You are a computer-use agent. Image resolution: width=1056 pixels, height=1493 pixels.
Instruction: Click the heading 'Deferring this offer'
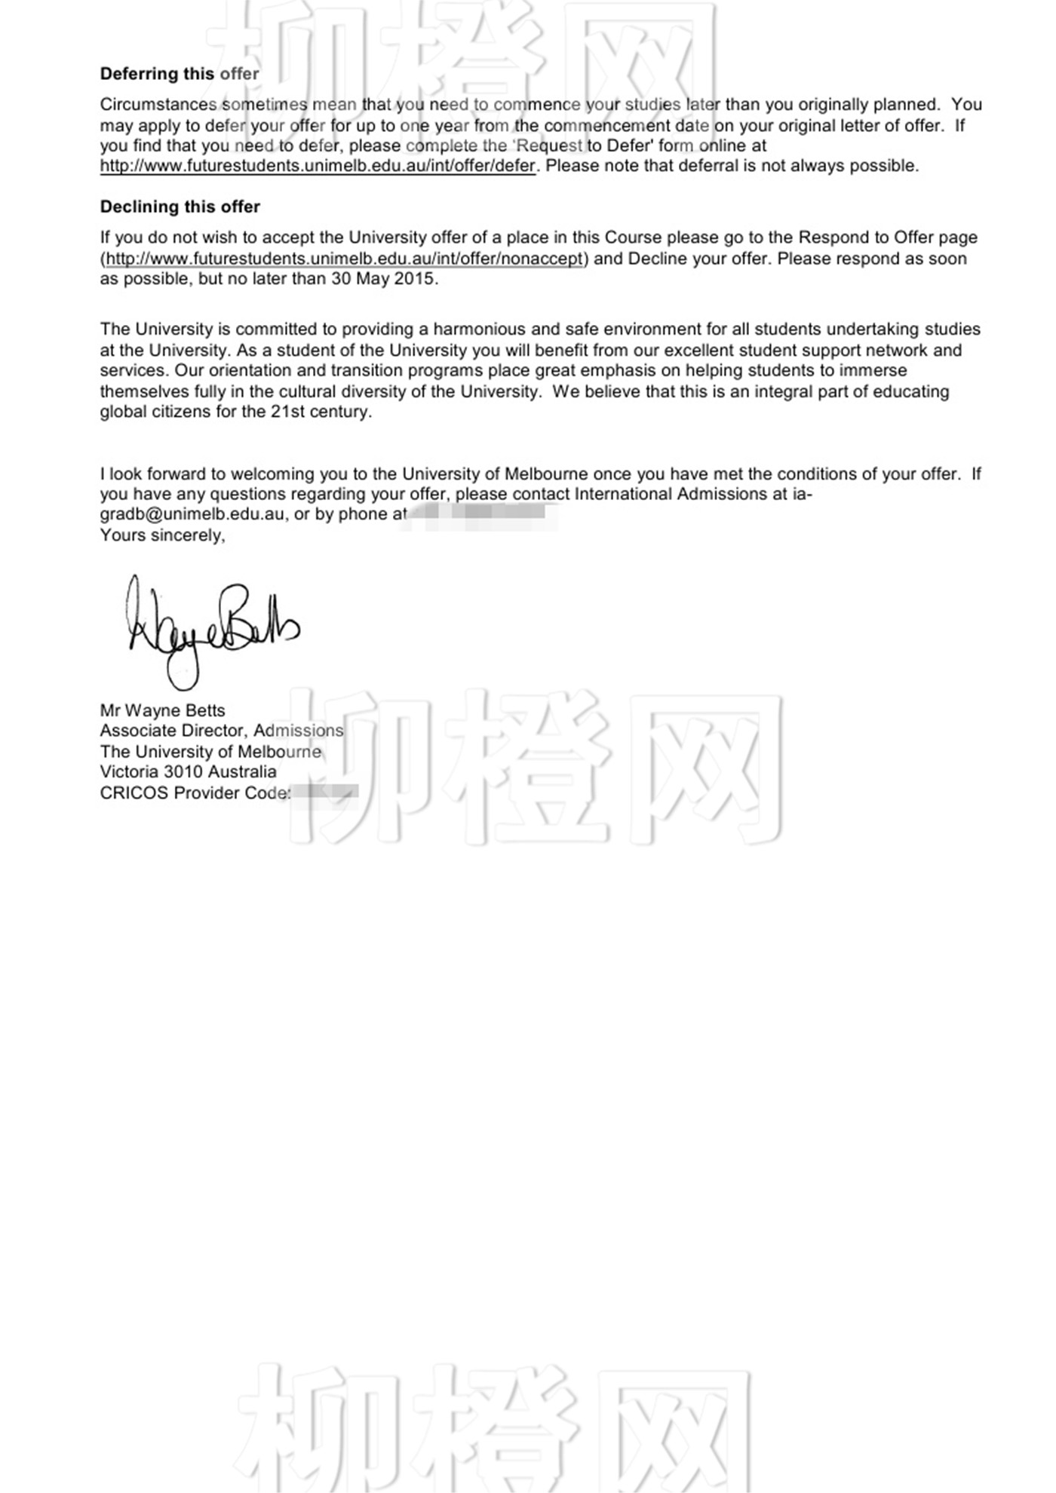180,74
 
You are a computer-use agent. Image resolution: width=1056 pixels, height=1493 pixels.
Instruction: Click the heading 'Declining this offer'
180,207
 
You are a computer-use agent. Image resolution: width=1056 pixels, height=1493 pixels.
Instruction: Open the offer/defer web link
318,166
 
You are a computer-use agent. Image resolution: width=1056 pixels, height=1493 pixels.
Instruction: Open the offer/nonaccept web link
345,259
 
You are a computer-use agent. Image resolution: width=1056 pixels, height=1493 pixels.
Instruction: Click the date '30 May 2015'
383,279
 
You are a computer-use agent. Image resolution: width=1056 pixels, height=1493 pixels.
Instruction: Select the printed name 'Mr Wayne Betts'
162,710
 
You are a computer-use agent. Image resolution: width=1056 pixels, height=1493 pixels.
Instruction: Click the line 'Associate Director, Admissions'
221,731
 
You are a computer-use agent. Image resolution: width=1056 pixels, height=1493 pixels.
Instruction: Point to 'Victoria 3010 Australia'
188,772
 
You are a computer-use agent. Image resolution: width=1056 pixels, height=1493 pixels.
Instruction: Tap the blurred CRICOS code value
324,793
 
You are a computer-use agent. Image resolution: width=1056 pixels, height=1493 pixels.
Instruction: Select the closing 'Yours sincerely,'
162,535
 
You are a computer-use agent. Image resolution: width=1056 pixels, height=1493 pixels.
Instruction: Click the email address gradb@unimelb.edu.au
192,515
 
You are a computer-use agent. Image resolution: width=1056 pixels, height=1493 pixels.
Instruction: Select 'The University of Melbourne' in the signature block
210,752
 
